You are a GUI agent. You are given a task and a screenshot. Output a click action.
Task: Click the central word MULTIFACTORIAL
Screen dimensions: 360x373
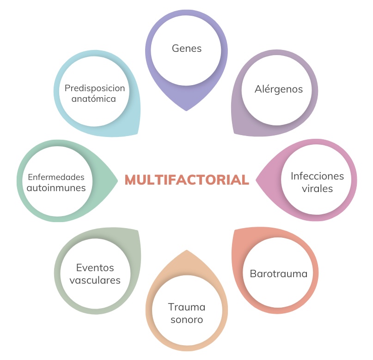pyautogui.click(x=187, y=180)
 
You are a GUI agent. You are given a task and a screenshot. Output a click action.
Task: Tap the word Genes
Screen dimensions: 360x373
pyautogui.click(x=187, y=48)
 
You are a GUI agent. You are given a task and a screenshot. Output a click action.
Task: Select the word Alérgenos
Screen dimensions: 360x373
pyautogui.click(x=279, y=89)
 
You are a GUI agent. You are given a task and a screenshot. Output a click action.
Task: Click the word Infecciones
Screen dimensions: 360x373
pyautogui.click(x=317, y=176)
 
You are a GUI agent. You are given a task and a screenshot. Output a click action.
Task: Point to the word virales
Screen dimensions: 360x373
pyautogui.click(x=317, y=189)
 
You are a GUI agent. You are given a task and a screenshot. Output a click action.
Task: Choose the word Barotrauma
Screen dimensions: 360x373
pyautogui.click(x=278, y=273)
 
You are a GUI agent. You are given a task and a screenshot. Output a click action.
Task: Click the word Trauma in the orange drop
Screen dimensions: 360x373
pyautogui.click(x=187, y=307)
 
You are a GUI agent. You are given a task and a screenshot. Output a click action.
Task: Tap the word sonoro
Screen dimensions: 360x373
pyautogui.click(x=187, y=320)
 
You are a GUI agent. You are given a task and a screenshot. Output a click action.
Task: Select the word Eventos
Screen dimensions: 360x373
pyautogui.click(x=95, y=268)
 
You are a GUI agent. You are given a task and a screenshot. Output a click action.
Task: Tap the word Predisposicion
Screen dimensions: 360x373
pyautogui.click(x=95, y=87)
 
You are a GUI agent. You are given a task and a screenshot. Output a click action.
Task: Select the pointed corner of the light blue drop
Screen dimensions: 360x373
pyautogui.click(x=139, y=134)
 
